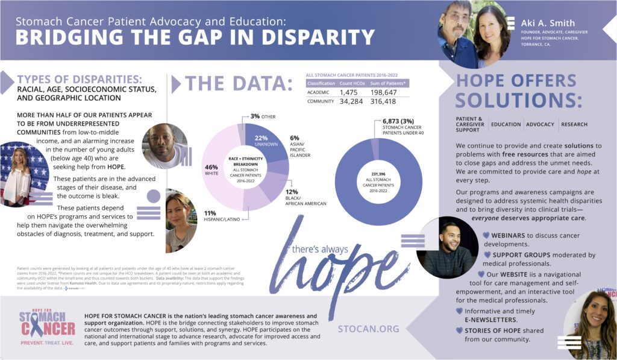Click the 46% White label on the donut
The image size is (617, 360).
pyautogui.click(x=211, y=171)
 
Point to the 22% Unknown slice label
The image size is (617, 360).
pyautogui.click(x=262, y=141)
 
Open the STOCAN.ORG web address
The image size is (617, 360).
pyautogui.click(x=369, y=329)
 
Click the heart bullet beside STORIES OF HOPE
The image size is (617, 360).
pyautogui.click(x=460, y=330)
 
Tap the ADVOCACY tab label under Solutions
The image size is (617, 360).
pyautogui.click(x=540, y=125)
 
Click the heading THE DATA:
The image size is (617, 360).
pyautogui.click(x=239, y=83)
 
